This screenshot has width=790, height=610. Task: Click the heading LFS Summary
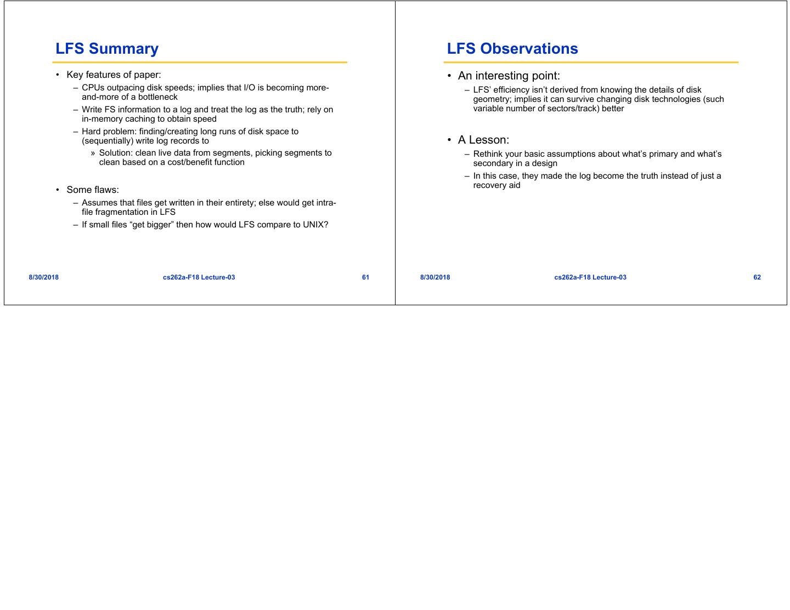point(107,49)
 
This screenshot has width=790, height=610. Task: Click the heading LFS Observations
point(512,49)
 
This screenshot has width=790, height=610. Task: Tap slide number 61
point(365,277)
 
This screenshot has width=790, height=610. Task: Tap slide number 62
point(757,277)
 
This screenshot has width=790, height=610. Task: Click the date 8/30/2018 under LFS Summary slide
point(44,277)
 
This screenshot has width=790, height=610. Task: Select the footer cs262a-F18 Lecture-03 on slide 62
point(590,277)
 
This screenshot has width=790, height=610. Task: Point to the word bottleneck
point(158,97)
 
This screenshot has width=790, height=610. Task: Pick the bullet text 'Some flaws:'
point(93,190)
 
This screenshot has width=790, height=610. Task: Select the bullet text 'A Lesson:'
point(483,140)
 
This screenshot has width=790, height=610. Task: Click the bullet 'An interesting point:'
point(509,76)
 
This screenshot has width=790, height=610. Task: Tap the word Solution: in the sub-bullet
point(116,153)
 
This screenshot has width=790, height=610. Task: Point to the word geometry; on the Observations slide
point(492,99)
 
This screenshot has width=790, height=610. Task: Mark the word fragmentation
point(117,212)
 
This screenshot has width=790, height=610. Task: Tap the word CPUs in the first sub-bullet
point(92,88)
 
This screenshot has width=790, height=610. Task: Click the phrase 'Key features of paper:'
point(114,75)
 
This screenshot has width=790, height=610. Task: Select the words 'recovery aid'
point(496,185)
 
